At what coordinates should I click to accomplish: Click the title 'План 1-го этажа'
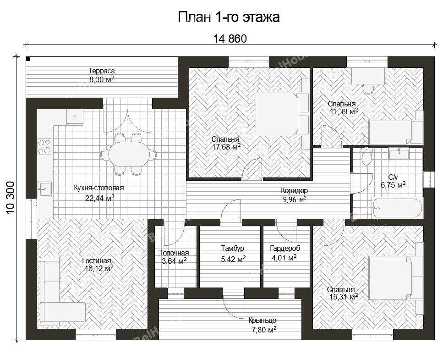(x=229, y=17)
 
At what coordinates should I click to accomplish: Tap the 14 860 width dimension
(x=230, y=39)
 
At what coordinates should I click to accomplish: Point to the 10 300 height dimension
(x=11, y=198)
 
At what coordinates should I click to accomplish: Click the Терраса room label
(x=102, y=71)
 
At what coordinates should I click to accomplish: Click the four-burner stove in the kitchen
(x=44, y=146)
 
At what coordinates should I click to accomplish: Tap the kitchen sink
(x=44, y=189)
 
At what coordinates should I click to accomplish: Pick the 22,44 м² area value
(x=100, y=198)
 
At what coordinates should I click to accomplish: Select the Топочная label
(x=174, y=253)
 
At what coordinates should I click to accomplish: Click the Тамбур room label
(x=232, y=249)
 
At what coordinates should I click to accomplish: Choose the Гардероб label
(x=285, y=249)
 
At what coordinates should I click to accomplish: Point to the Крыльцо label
(x=263, y=321)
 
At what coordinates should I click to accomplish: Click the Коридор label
(x=295, y=191)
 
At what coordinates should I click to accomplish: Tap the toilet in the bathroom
(x=367, y=156)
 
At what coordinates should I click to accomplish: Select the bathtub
(x=397, y=208)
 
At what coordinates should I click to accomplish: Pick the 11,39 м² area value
(x=344, y=111)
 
